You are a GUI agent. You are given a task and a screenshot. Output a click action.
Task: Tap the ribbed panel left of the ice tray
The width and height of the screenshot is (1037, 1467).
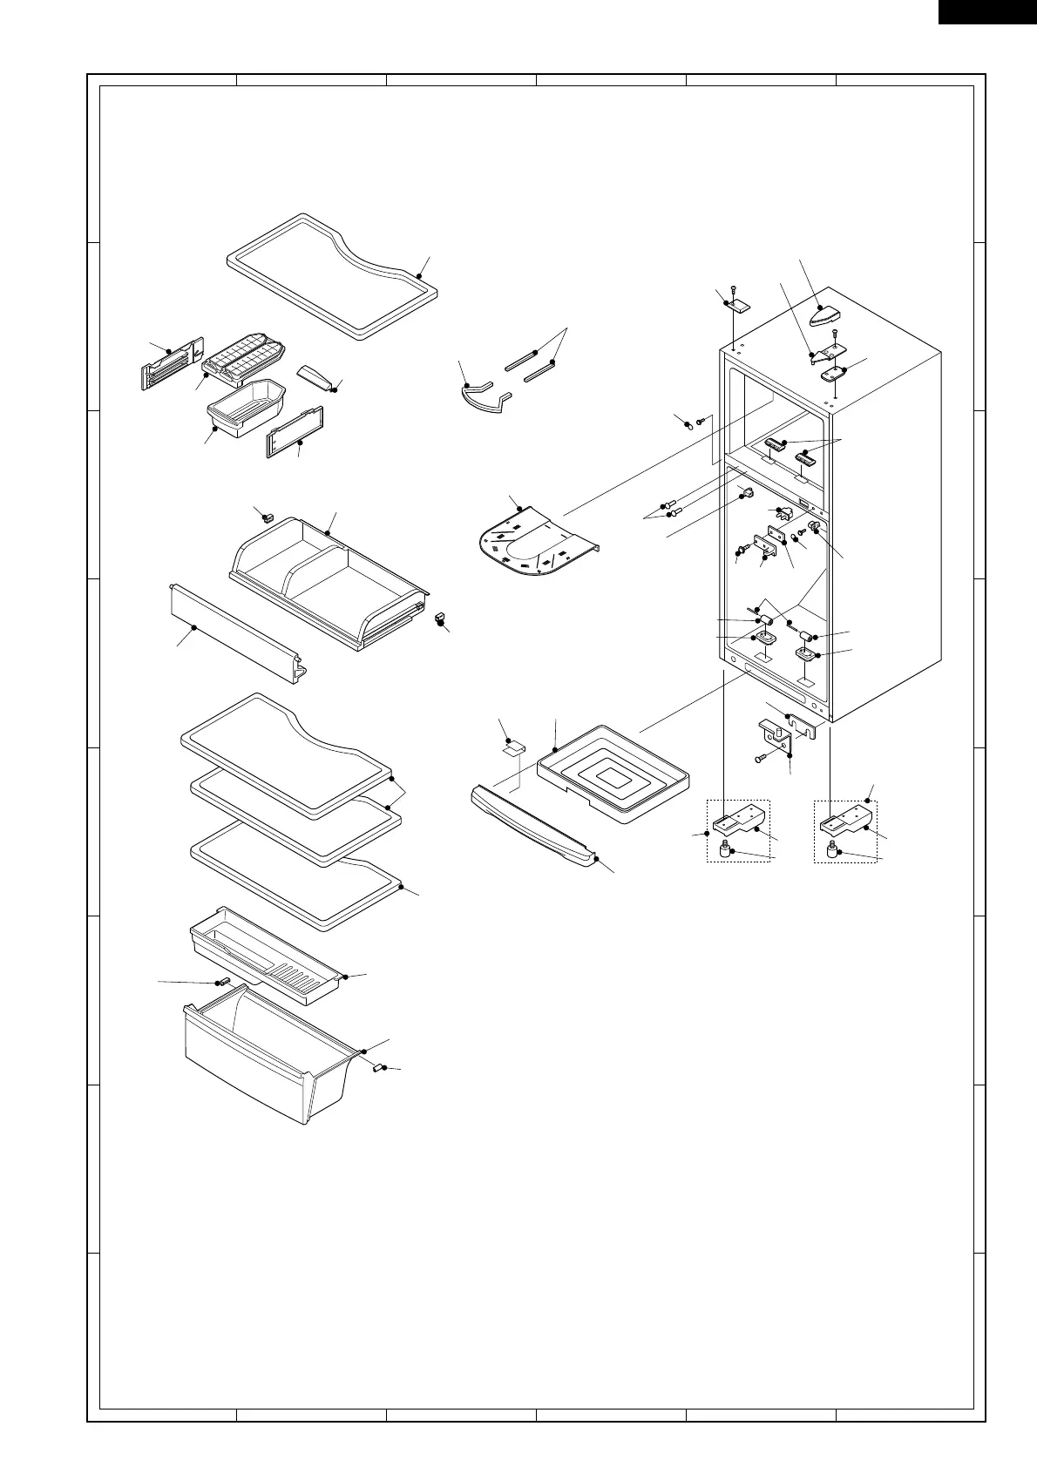click(x=171, y=366)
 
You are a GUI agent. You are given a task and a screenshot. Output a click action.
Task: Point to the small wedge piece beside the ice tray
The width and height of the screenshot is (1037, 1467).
click(x=315, y=376)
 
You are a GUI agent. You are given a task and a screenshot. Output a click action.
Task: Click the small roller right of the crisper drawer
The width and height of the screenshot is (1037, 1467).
click(x=380, y=1066)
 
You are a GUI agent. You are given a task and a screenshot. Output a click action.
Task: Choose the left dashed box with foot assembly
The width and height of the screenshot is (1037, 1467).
click(x=737, y=831)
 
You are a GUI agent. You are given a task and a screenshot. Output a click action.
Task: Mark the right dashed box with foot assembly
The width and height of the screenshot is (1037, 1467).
click(x=845, y=831)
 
